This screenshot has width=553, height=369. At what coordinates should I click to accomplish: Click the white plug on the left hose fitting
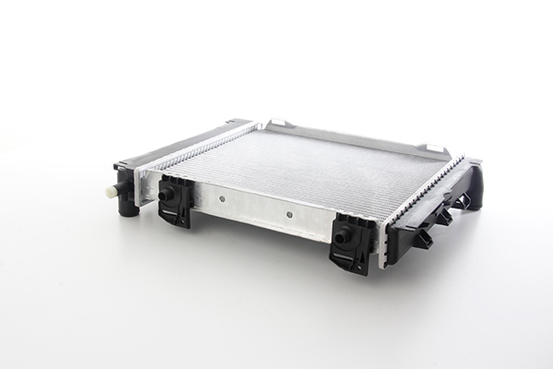point(112,190)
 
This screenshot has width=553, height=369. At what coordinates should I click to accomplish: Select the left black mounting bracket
point(175,200)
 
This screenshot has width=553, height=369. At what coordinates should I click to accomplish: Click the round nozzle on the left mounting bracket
point(166,195)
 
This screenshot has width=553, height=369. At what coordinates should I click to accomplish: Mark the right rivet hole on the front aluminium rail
point(288,215)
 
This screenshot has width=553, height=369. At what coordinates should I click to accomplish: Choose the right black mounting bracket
point(353,242)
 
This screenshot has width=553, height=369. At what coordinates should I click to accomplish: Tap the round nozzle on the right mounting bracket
point(343,236)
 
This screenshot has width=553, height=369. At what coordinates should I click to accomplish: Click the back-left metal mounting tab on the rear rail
point(280,125)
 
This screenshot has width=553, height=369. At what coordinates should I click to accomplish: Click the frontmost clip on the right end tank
point(421,240)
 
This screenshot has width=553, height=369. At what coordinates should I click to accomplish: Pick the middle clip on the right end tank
point(443,218)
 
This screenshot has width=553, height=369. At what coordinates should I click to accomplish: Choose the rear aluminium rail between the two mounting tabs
point(355,134)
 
